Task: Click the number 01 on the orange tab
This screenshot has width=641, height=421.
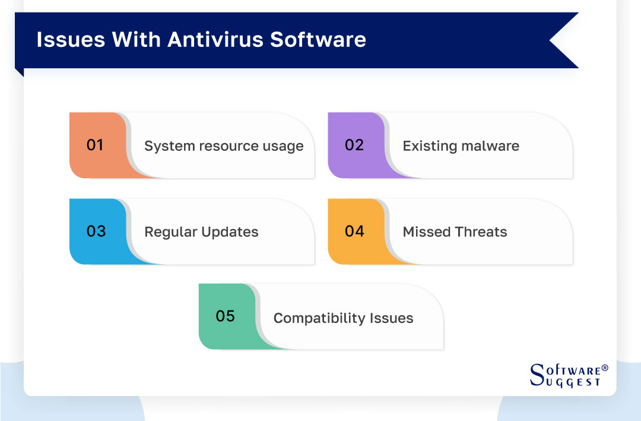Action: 95,145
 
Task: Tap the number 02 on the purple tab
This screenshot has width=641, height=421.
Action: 354,145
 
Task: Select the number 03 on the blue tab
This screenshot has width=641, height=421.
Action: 96,231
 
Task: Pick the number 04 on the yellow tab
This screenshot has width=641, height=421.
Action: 354,231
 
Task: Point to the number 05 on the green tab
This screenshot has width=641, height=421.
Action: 226,316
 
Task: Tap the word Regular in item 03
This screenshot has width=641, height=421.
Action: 167,232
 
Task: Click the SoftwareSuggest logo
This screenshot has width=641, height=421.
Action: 567,375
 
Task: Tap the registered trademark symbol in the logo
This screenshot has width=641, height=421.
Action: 605,368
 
